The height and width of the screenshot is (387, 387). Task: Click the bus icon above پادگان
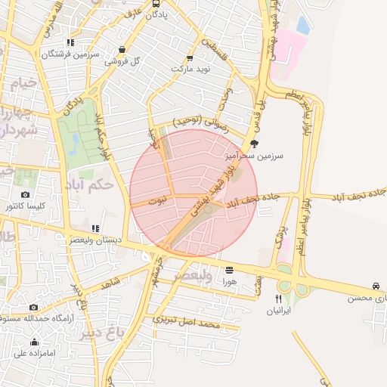156,3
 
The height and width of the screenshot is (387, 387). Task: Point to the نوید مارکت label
188,69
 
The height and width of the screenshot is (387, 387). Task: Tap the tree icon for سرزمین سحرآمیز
254,144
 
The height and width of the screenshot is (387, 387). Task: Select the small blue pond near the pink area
303,26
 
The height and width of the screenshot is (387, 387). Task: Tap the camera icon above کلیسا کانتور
26,195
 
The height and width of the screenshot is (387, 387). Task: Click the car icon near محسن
376,286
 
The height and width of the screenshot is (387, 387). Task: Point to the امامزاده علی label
35,352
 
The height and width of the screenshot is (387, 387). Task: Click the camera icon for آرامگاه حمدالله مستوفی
33,308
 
